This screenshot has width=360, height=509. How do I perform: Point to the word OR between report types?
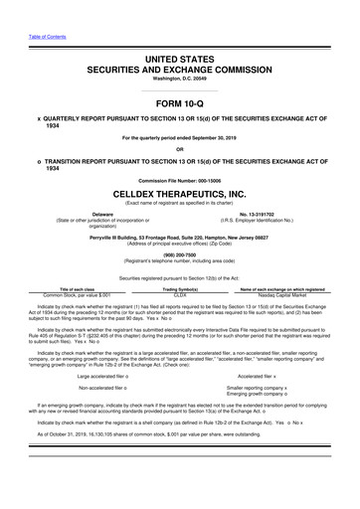pyautogui.click(x=180, y=152)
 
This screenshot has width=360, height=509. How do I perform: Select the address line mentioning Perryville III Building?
pyautogui.click(x=180, y=237)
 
